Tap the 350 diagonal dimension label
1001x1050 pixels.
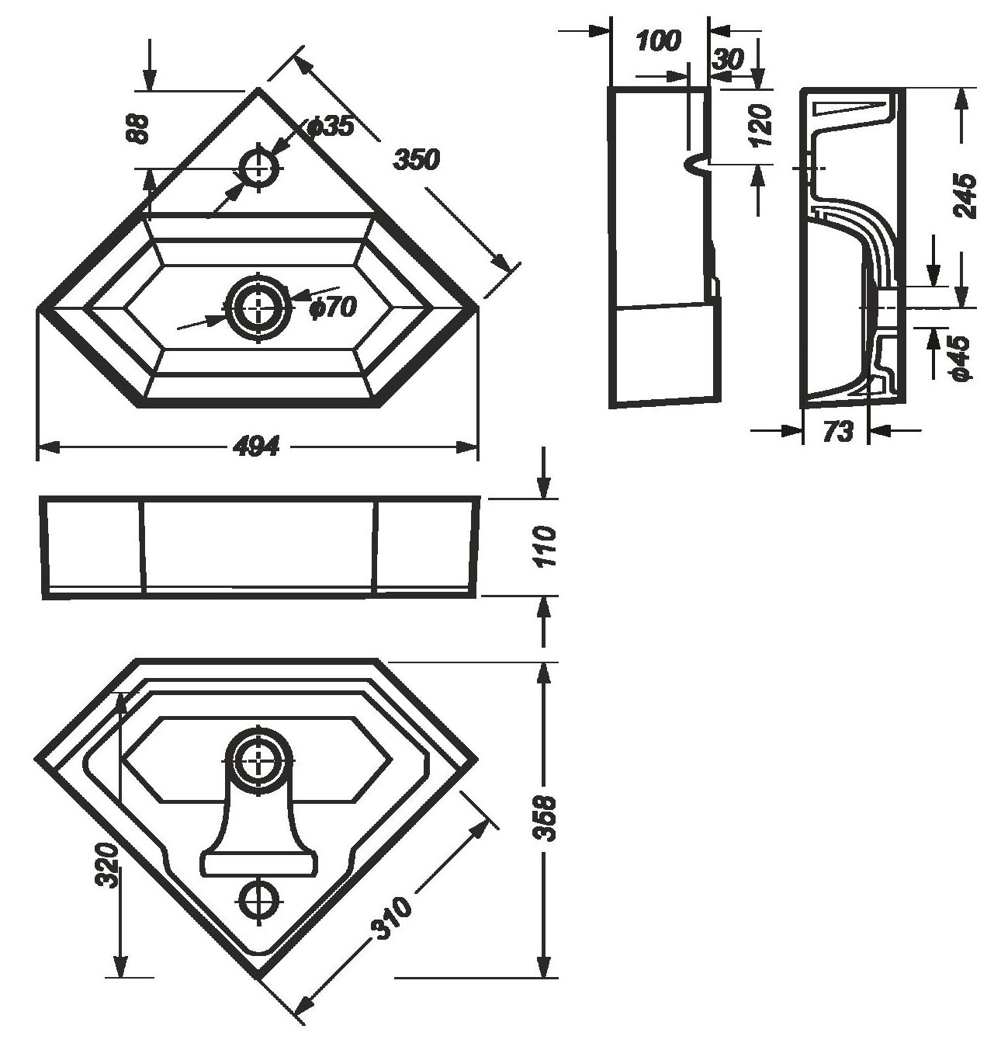(416, 159)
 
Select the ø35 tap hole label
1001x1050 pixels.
(330, 127)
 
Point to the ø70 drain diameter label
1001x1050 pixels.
(332, 308)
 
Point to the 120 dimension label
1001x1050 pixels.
(763, 125)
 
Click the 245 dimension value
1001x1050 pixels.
(965, 196)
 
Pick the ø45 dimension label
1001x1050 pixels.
(959, 357)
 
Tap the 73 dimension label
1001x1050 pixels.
(837, 431)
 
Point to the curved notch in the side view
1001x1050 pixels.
(698, 164)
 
